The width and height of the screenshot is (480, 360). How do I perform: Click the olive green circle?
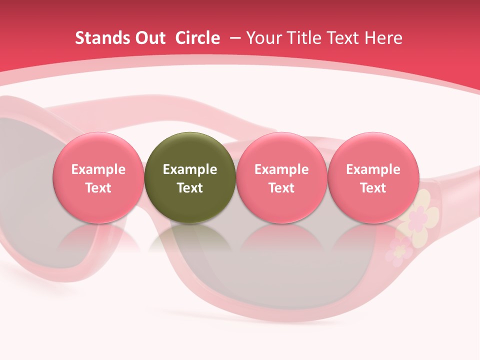point(190,177)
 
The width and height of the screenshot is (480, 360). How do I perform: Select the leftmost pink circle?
point(98,177)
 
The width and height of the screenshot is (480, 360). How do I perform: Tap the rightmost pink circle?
point(373,177)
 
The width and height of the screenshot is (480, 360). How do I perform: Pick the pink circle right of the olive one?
point(281,177)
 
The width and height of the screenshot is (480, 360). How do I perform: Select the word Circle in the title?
point(197,38)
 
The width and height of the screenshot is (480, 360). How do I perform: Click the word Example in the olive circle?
point(190,169)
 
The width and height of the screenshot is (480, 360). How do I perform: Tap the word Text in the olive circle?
point(190,188)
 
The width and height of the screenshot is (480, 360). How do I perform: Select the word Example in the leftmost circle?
point(98,169)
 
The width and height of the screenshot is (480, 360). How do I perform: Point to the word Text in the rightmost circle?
point(373,188)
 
